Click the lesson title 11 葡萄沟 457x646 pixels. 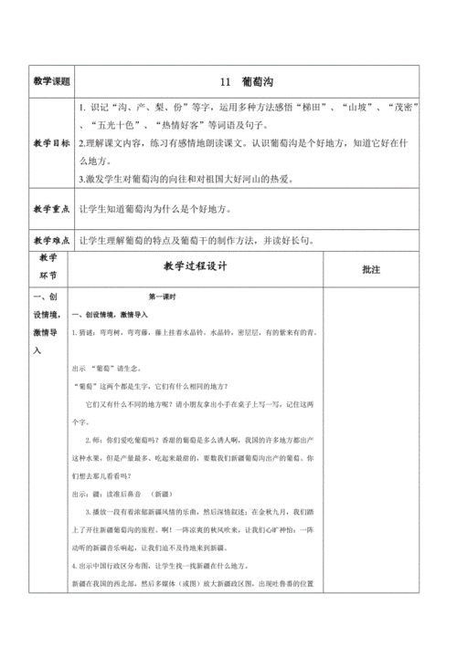coord(245,80)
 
